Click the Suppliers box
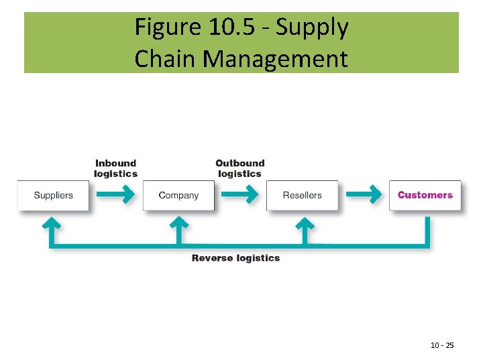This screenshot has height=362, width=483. [x=53, y=196]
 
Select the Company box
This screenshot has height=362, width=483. [x=178, y=196]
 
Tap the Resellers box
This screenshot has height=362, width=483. [x=302, y=196]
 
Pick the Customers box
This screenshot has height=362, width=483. [x=425, y=196]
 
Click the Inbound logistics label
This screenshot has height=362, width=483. [x=115, y=168]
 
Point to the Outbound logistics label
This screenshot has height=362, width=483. [x=239, y=168]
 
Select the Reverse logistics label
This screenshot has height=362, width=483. [x=235, y=258]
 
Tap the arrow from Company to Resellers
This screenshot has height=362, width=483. [x=239, y=195]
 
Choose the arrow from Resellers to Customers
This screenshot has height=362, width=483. [x=364, y=195]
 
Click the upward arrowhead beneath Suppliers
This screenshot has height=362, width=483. [x=50, y=223]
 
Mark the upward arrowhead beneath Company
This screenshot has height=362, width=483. [x=178, y=223]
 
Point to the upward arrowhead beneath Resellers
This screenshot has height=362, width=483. [x=305, y=223]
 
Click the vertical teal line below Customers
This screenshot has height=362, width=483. [x=427, y=231]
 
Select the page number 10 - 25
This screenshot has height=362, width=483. [x=442, y=345]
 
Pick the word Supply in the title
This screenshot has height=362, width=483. [x=313, y=27]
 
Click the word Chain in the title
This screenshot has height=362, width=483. [x=165, y=58]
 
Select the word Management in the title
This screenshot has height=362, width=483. [x=275, y=58]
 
